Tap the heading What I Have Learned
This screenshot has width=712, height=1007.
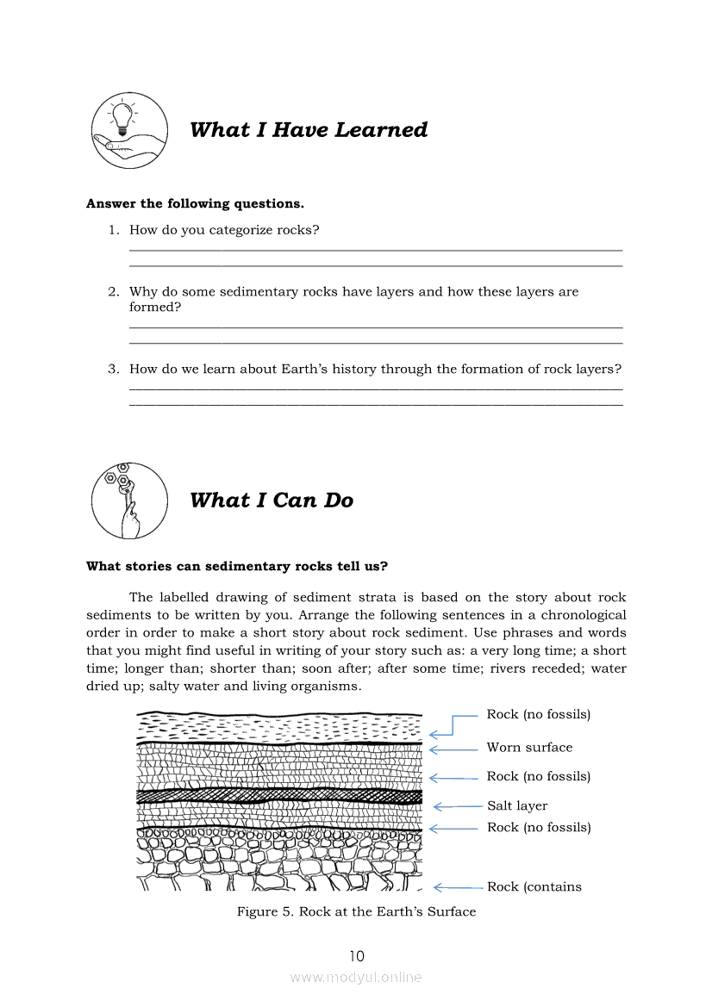309,130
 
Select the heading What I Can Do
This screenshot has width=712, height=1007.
271,500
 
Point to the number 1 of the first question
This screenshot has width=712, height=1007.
112,230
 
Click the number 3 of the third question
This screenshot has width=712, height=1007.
112,369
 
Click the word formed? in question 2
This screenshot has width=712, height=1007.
155,307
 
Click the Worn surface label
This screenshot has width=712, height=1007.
529,748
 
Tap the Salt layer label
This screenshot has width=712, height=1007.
517,806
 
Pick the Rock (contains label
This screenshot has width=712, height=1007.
534,887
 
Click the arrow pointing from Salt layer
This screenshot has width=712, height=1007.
457,807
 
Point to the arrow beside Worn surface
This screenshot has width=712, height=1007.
453,749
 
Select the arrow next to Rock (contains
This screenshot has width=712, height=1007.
457,887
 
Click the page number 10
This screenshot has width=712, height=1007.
356,956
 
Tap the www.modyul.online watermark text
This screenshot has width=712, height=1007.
356,978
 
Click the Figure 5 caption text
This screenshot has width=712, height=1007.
356,911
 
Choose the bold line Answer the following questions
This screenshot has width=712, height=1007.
195,204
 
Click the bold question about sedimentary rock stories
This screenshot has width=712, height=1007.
237,567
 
